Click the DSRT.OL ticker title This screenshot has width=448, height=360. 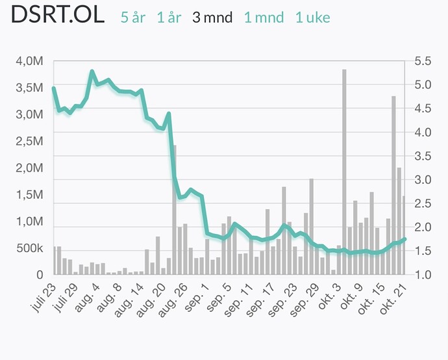coord(58,16)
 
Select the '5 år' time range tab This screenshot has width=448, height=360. coord(133,18)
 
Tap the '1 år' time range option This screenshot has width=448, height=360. coord(169,18)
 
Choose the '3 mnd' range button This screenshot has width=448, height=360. coord(212,18)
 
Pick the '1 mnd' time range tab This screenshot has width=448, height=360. coord(264,18)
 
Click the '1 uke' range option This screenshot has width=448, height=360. coord(312,18)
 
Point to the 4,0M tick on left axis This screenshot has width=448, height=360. coord(30,62)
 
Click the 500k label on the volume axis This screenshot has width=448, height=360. coord(30,249)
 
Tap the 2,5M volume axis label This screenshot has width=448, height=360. coord(30,142)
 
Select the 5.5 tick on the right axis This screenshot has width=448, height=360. coord(422,62)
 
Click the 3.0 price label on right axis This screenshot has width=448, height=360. coord(422,180)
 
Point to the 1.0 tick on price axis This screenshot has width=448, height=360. coord(422,275)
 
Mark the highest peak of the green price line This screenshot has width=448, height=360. coord(92,71)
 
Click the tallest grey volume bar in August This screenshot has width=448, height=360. coord(174,208)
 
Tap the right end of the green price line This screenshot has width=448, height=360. coord(404,239)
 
